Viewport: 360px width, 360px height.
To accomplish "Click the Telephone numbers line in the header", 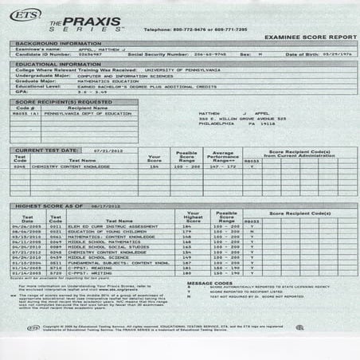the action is pos(195,29).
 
